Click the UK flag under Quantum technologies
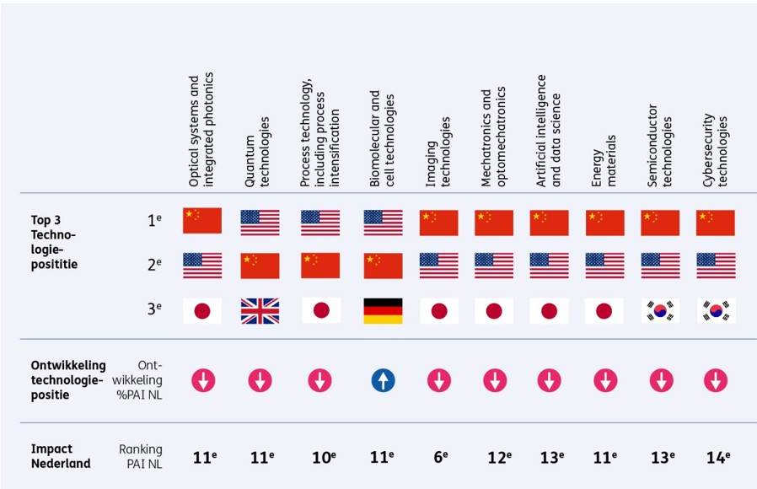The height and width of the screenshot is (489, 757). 260,310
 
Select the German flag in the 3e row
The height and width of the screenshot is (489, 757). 383,310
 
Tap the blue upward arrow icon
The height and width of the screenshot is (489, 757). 383,380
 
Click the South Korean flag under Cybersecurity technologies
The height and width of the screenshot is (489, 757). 716,310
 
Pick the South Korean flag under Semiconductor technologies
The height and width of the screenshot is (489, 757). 661,310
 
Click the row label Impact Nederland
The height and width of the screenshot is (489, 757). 60,456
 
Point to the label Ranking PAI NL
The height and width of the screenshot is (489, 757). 141,456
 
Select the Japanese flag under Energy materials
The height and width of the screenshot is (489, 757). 604,310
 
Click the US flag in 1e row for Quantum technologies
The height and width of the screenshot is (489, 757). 260,223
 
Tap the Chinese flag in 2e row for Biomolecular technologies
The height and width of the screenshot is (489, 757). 383,266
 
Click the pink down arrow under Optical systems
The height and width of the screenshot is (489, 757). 202,380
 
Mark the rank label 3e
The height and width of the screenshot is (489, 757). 153,309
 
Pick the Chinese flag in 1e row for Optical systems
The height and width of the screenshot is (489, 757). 202,221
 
